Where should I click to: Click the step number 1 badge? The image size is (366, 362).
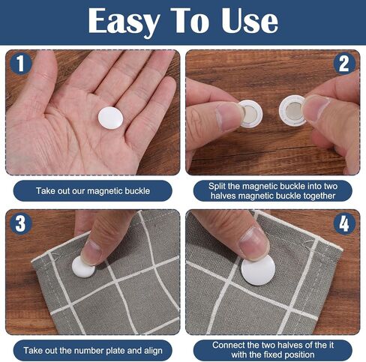click(21, 64)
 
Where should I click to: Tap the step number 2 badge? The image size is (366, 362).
click(344, 64)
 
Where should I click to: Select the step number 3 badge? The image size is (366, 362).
click(21, 223)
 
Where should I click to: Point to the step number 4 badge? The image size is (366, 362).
click(344, 223)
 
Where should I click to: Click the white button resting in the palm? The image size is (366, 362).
click(110, 118)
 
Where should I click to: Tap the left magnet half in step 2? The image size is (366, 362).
click(250, 114)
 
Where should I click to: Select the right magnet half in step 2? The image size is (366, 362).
click(292, 111)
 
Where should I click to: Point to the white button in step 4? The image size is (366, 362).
click(258, 270)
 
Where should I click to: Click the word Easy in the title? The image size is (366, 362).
click(124, 21)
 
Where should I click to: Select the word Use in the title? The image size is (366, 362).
click(250, 20)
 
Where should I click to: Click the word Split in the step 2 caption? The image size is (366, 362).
click(217, 187)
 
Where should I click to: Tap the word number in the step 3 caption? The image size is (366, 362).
click(89, 350)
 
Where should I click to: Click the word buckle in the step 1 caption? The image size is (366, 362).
click(137, 191)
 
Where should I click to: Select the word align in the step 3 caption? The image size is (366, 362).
click(153, 351)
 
